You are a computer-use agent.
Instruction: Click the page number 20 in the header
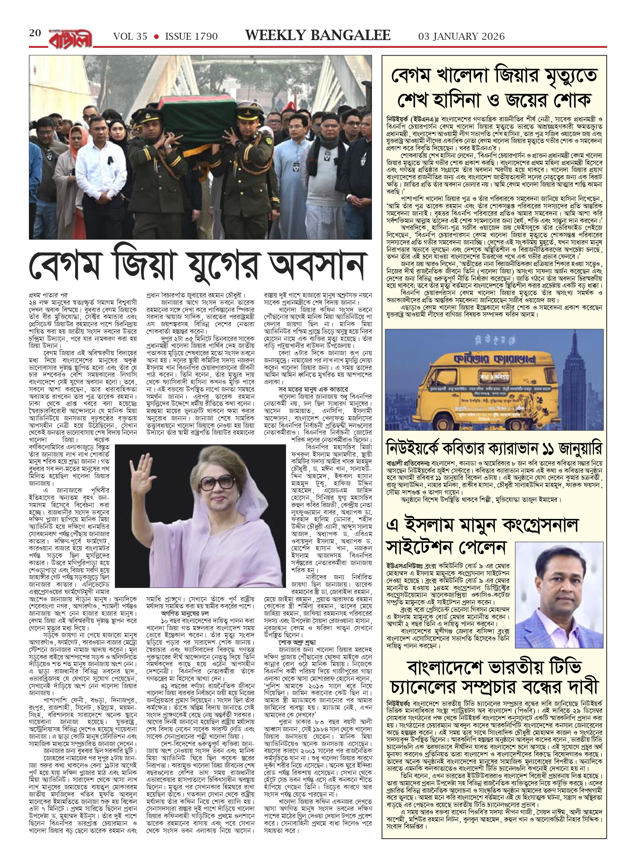click(35, 33)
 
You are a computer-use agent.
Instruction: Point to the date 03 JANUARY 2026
click(461, 36)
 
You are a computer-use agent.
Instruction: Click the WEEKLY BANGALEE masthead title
click(318, 35)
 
